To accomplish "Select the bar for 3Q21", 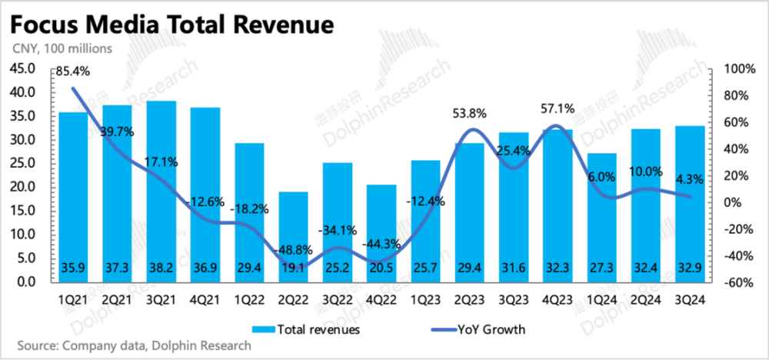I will tap(161, 192).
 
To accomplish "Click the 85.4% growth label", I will tap(72, 72).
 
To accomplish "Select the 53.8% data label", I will tap(468, 113).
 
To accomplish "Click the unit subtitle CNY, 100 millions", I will tap(62, 48).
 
